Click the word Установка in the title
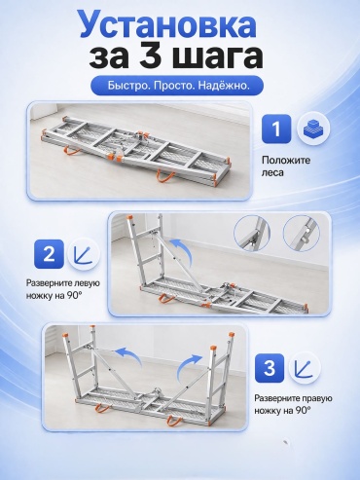[x=167, y=24]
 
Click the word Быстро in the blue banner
[x=128, y=86]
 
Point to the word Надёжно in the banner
[x=224, y=86]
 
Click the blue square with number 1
[x=276, y=129]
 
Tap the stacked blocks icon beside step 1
[x=313, y=129]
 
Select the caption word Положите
[x=286, y=160]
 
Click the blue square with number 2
[x=49, y=254]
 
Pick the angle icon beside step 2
[x=83, y=254]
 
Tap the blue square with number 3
[x=270, y=368]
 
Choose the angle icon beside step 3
[x=304, y=368]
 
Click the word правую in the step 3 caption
[x=316, y=398]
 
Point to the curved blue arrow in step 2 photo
[x=184, y=248]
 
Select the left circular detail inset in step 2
[x=252, y=233]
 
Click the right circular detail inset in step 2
[x=302, y=233]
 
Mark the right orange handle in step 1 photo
[x=166, y=175]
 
